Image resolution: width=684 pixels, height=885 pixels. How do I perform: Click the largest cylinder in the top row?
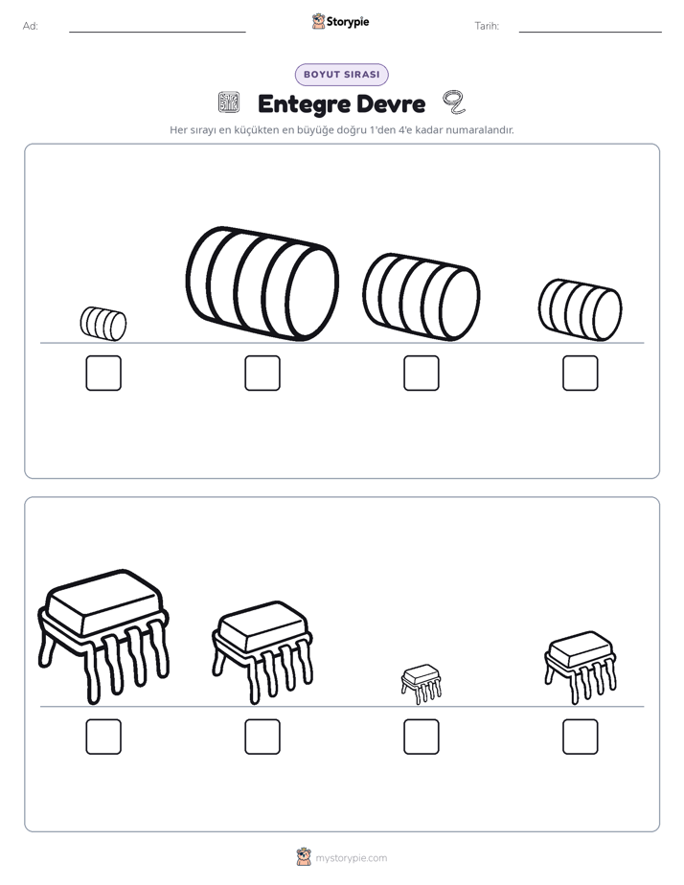click(262, 284)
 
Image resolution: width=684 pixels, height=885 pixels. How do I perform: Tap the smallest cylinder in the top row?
click(103, 324)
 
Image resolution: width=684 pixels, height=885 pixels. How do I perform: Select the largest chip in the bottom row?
click(103, 637)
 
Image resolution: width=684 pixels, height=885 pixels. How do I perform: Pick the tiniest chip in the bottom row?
click(421, 684)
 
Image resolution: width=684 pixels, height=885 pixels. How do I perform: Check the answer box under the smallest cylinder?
click(103, 374)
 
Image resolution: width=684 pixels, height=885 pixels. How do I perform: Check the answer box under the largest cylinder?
click(262, 374)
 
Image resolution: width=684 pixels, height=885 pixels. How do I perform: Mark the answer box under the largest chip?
click(103, 737)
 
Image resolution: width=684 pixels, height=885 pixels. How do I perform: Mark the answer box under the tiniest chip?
click(422, 737)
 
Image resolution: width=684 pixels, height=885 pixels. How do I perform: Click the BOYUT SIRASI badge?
click(341, 75)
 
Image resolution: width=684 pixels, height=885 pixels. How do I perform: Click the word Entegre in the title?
click(304, 104)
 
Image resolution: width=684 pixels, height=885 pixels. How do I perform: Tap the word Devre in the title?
click(391, 103)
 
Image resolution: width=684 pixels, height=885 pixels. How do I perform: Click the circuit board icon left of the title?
click(229, 102)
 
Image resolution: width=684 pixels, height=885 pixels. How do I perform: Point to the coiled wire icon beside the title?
click(454, 102)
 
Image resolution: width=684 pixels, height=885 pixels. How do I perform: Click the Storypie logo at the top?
click(341, 22)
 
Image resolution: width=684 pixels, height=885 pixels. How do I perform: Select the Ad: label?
click(31, 26)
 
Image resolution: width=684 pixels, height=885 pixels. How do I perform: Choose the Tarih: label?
click(487, 26)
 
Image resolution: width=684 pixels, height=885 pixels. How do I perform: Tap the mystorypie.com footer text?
click(351, 858)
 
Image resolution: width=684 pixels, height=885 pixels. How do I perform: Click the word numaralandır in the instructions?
click(480, 130)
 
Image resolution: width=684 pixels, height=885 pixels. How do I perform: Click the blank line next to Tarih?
click(590, 33)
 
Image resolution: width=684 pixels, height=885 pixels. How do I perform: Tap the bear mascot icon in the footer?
click(304, 857)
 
